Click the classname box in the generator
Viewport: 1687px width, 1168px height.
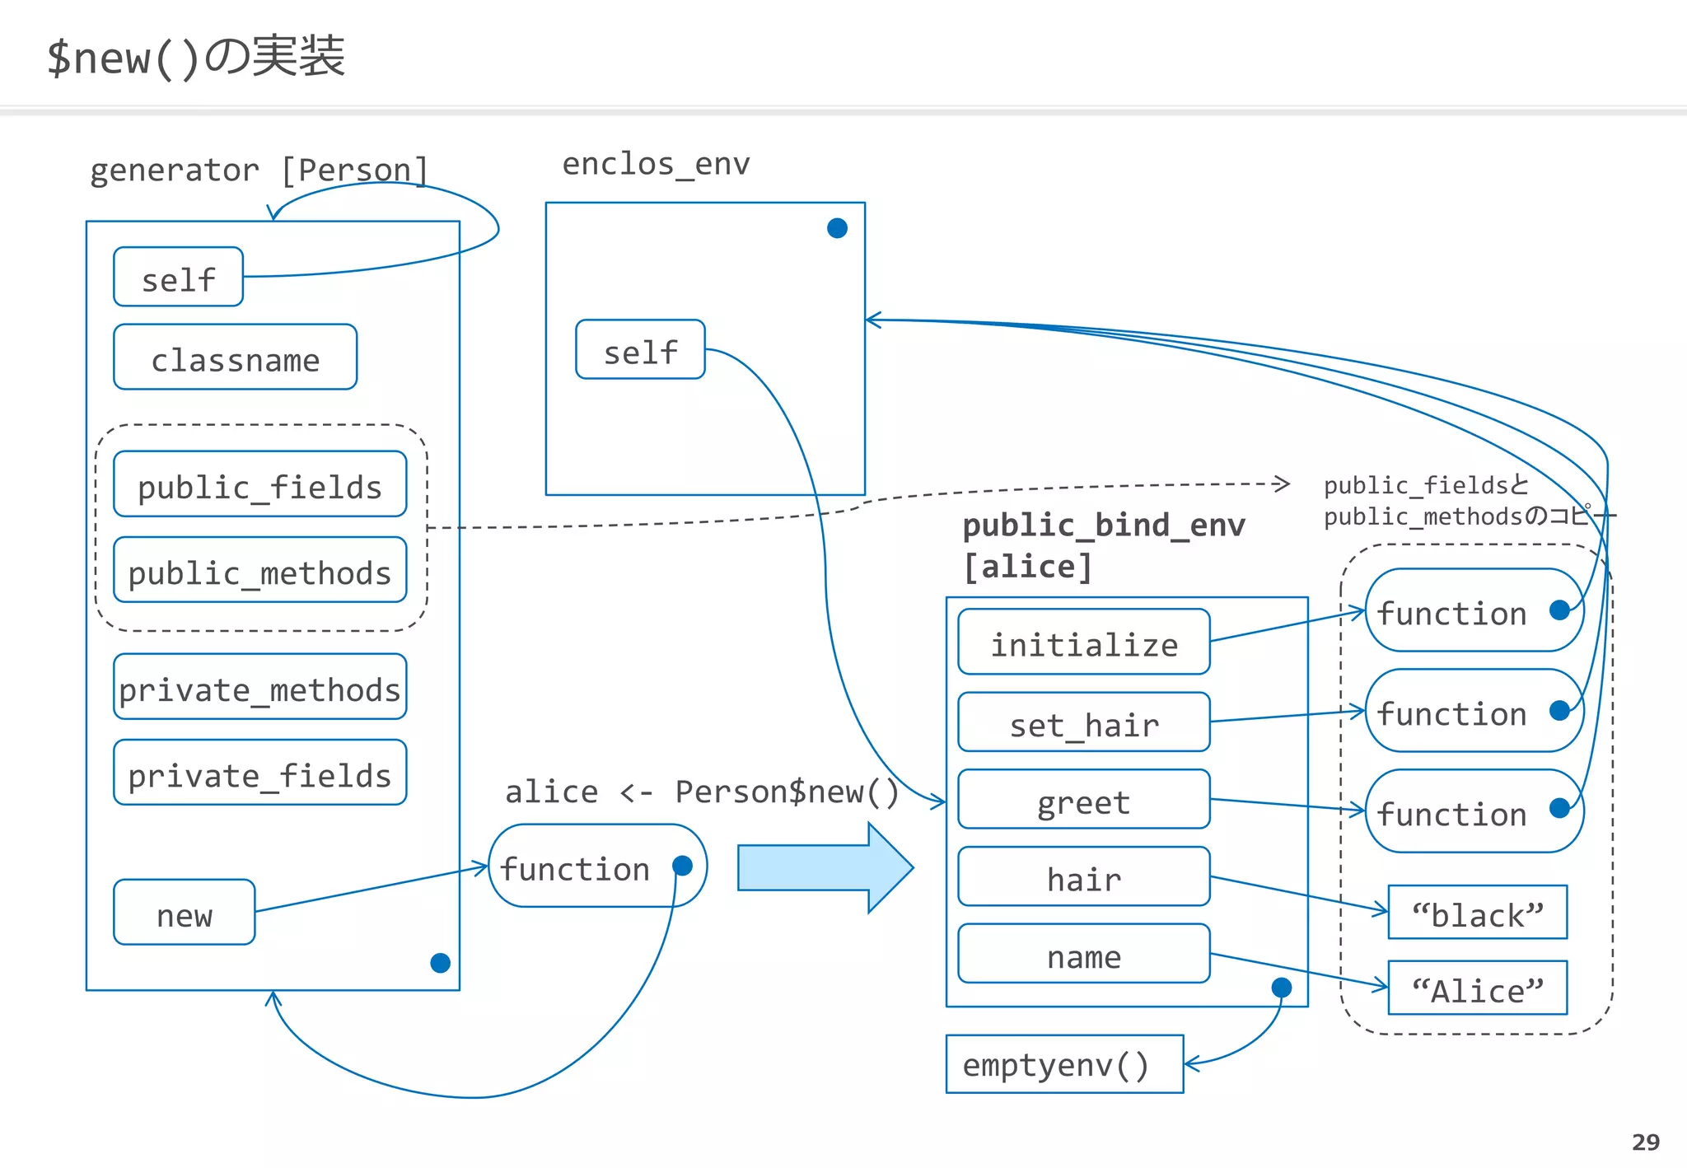coord(235,357)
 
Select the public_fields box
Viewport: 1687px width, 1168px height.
coord(259,484)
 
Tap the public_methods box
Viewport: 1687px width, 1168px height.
coord(259,570)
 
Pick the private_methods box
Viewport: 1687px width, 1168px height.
coord(259,687)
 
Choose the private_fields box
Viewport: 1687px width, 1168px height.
coord(259,773)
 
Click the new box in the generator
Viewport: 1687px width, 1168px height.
coord(184,913)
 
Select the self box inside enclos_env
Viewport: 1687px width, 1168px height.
coord(640,350)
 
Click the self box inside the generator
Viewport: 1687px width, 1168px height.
coord(178,278)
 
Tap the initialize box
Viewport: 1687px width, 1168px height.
coord(1083,642)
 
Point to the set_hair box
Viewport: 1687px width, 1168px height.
coord(1083,722)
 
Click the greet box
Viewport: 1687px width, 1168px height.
coord(1083,800)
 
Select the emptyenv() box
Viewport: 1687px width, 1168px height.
coord(1063,1064)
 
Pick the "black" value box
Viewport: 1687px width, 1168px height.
coord(1477,913)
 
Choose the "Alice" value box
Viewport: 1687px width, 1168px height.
coord(1477,988)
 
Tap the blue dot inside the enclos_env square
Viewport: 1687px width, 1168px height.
coord(837,228)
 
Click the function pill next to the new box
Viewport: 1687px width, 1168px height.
coord(596,867)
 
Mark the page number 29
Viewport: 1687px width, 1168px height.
coord(1645,1142)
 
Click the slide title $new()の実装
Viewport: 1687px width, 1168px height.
coord(196,58)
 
